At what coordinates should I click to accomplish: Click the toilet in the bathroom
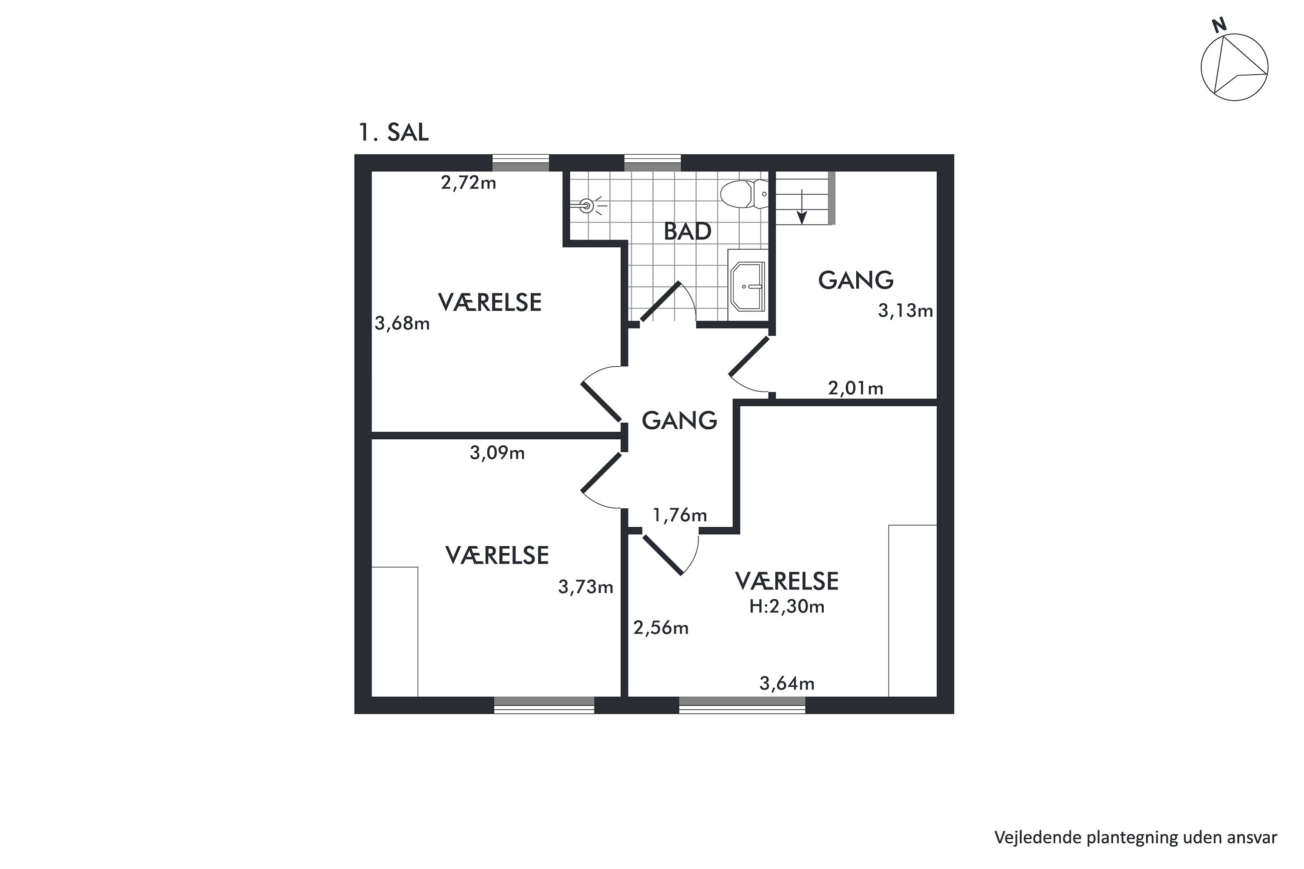pyautogui.click(x=744, y=194)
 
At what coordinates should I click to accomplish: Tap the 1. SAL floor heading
pyautogui.click(x=394, y=133)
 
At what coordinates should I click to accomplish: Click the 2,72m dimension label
pyautogui.click(x=469, y=182)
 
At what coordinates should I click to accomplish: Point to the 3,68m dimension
pyautogui.click(x=402, y=323)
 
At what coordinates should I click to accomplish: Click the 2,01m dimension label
pyautogui.click(x=855, y=388)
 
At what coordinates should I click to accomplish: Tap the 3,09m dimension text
pyautogui.click(x=497, y=453)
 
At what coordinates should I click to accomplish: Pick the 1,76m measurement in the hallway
pyautogui.click(x=680, y=515)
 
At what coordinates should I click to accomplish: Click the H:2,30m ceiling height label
pyautogui.click(x=787, y=607)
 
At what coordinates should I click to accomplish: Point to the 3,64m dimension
pyautogui.click(x=787, y=684)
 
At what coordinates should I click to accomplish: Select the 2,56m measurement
pyautogui.click(x=661, y=628)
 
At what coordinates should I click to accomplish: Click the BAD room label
pyautogui.click(x=688, y=232)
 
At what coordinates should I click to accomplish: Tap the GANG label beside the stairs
pyautogui.click(x=855, y=280)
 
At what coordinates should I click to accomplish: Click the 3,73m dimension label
pyautogui.click(x=585, y=587)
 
